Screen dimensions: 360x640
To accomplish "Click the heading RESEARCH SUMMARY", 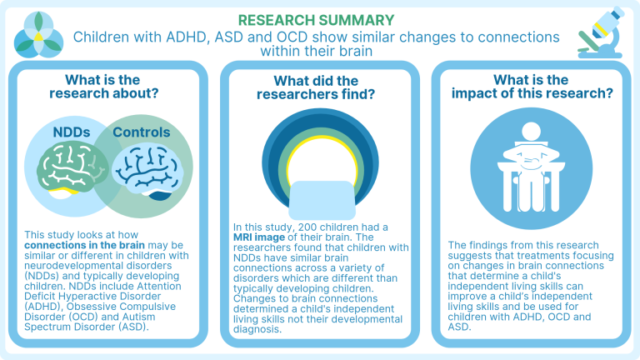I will coord(320,19).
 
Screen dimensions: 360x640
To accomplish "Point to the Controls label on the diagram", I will coord(141,132).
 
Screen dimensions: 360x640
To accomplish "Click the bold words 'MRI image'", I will coord(261,237).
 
